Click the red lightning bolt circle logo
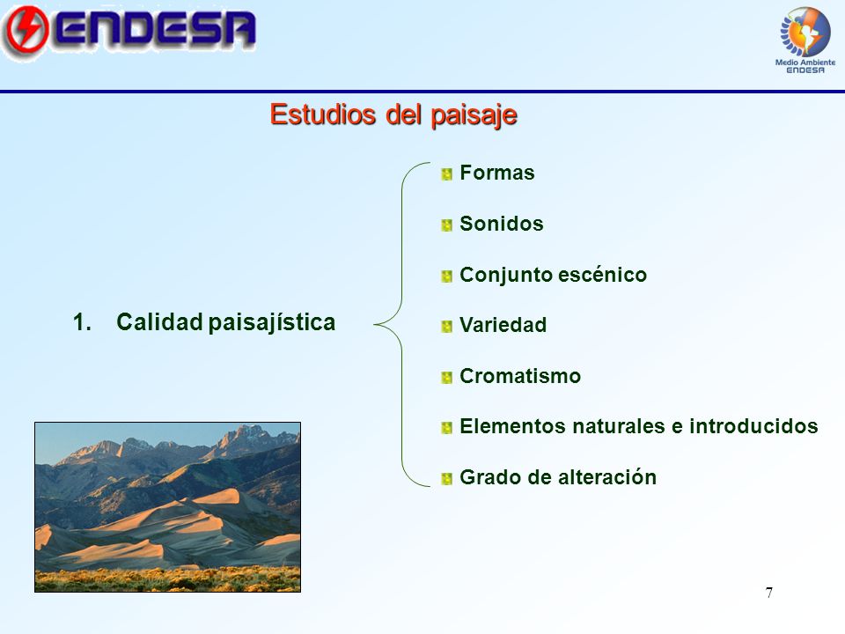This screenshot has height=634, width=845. pyautogui.click(x=26, y=30)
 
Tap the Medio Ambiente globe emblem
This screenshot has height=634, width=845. pyautogui.click(x=805, y=32)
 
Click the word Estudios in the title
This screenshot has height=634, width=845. pyautogui.click(x=323, y=114)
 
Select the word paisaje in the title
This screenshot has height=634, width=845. pyautogui.click(x=474, y=115)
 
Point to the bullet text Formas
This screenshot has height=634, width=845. pyautogui.click(x=496, y=173)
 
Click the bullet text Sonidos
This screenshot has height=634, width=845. pyautogui.click(x=501, y=223)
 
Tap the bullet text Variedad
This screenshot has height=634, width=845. pyautogui.click(x=503, y=325)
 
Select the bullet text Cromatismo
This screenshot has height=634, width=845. pyautogui.click(x=520, y=376)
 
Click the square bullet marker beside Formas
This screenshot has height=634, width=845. pyautogui.click(x=446, y=174)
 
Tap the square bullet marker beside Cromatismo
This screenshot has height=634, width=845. pyautogui.click(x=446, y=378)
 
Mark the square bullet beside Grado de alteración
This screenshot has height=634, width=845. pyautogui.click(x=446, y=479)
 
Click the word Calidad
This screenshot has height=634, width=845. pyautogui.click(x=159, y=322)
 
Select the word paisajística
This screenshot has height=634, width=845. pyautogui.click(x=272, y=323)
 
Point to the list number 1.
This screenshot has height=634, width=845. pyautogui.click(x=82, y=322)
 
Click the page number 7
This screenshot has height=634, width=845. pyautogui.click(x=769, y=593)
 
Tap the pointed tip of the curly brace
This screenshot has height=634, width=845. pyautogui.click(x=375, y=325)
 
